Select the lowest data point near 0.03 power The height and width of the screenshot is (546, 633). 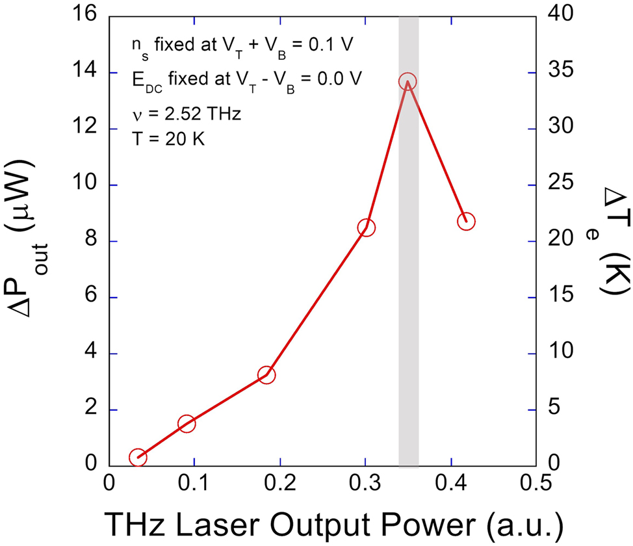pyautogui.click(x=137, y=457)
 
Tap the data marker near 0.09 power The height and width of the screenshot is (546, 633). pyautogui.click(x=187, y=424)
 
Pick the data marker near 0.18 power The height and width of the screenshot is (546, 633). pyautogui.click(x=266, y=375)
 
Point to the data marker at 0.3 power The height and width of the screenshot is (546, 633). pyautogui.click(x=366, y=227)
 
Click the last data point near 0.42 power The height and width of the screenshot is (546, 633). pyautogui.click(x=466, y=221)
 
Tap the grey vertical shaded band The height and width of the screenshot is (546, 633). pyautogui.click(x=408, y=292)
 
